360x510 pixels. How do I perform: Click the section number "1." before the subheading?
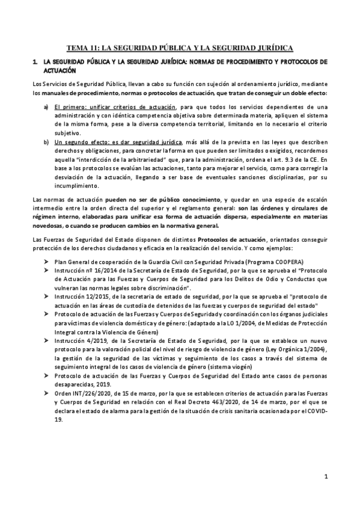pos(35,62)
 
